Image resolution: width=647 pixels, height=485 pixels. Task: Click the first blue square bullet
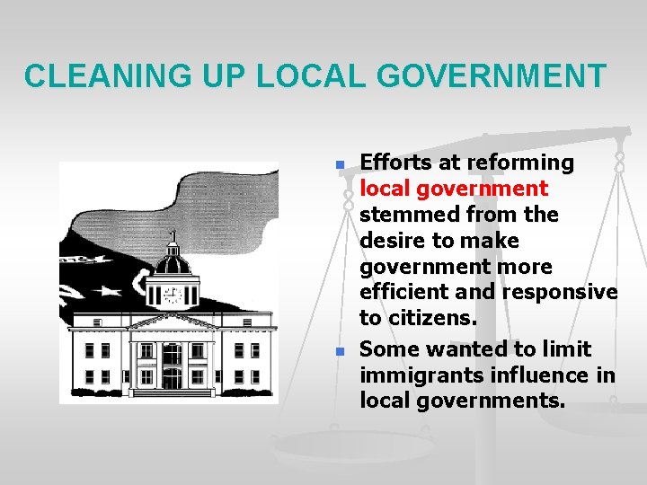point(339,165)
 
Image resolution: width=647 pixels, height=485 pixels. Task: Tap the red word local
point(377,190)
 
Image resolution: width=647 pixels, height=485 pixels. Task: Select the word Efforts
point(392,163)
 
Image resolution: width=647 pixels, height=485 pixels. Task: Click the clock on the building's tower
point(171,295)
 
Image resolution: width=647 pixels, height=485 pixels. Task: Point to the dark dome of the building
point(172,263)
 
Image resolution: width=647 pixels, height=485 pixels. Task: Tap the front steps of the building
point(171,392)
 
